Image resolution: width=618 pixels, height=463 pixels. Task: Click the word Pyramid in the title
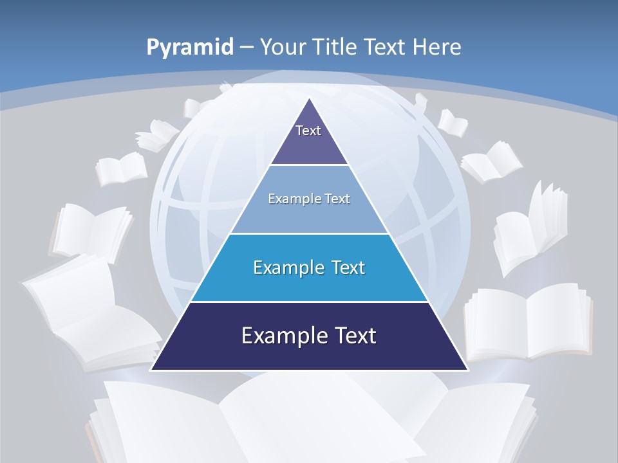pyautogui.click(x=189, y=48)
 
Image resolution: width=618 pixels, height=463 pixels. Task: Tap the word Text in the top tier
pyautogui.click(x=308, y=131)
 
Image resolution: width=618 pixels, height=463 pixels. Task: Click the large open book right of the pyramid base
pyautogui.click(x=528, y=322)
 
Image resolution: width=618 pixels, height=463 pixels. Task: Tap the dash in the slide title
pyautogui.click(x=246, y=47)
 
